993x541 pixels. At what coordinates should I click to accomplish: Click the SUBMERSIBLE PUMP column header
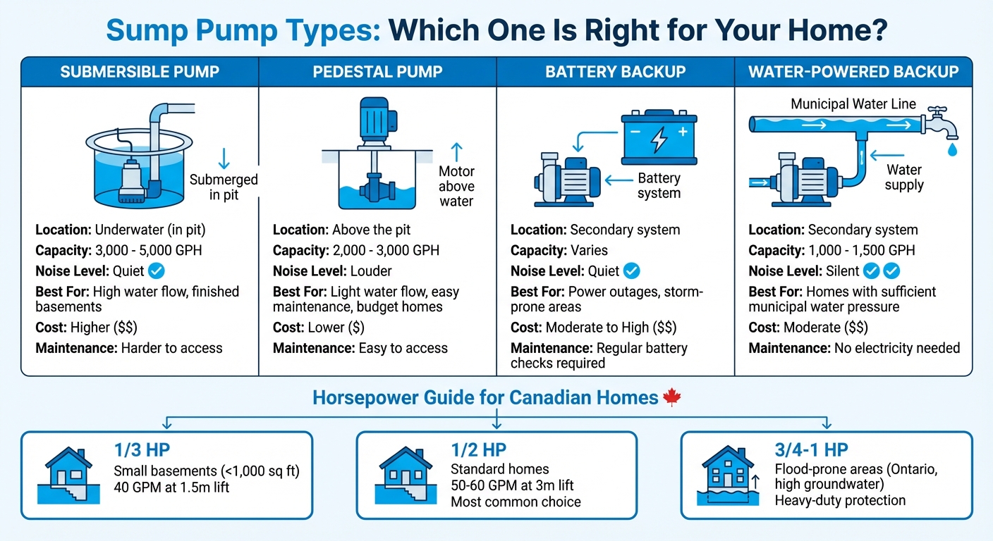pos(140,72)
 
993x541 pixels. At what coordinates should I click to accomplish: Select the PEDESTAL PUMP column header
pos(377,72)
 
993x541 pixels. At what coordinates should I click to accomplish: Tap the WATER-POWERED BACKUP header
pos(853,72)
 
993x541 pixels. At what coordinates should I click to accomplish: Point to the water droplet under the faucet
pos(952,149)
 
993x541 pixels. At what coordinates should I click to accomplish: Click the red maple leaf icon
pos(671,398)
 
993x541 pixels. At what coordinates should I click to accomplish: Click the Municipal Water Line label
pos(853,104)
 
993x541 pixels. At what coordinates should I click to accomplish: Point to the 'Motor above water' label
pos(456,186)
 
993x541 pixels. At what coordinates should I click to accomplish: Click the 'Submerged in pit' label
pos(224,187)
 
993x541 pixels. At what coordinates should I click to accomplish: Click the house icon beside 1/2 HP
pos(406,474)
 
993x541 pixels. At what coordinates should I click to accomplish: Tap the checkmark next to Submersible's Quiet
pos(157,270)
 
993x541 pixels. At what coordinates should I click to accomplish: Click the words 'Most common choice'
pos(516,502)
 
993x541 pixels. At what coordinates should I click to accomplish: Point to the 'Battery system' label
pos(659,186)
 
